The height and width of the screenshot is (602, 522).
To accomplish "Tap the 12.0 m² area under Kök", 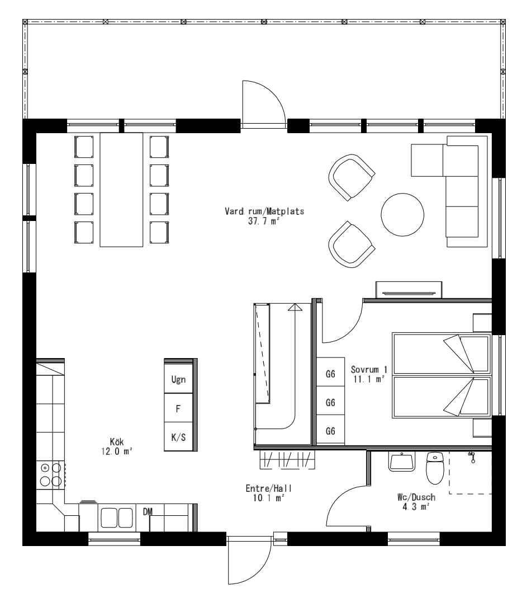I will point(117,451).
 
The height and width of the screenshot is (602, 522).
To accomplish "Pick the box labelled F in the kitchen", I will point(178,408).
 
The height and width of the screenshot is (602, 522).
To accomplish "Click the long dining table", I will point(121,189).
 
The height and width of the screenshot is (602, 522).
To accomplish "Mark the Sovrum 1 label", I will point(368,370).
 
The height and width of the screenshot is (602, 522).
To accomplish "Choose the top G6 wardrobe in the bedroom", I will point(330,373).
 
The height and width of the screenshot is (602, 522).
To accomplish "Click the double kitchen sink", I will point(116,517).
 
